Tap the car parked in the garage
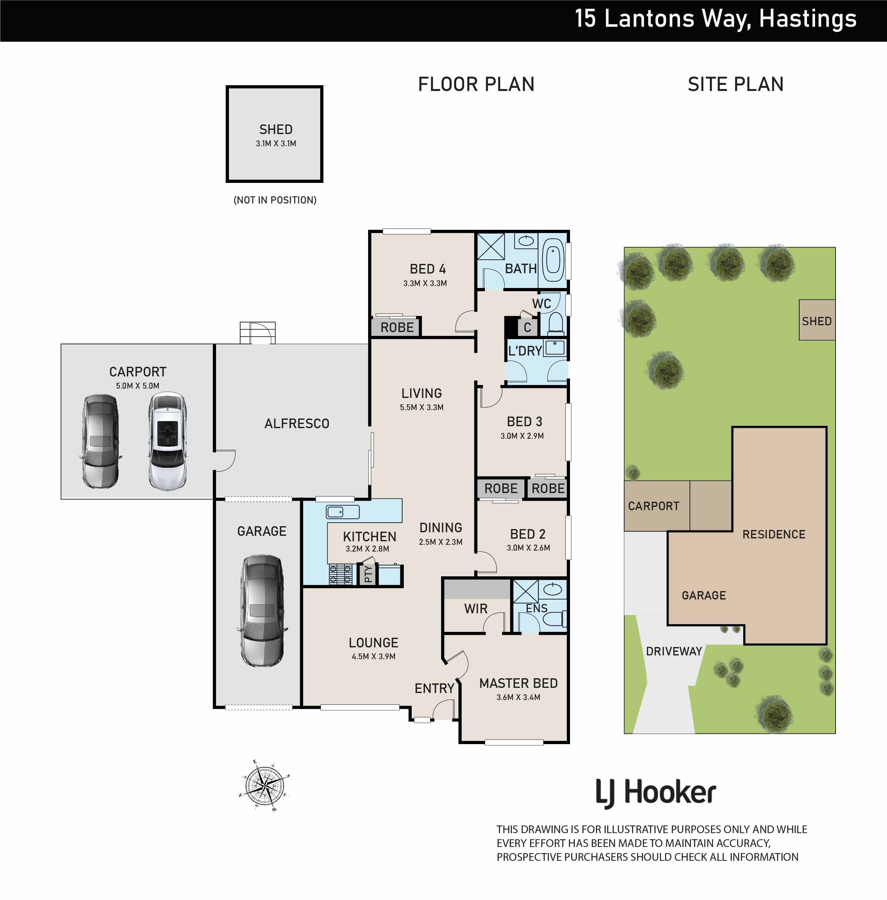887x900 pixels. (x=262, y=611)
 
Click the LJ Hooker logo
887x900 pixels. (x=656, y=793)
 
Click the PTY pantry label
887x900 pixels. (x=368, y=574)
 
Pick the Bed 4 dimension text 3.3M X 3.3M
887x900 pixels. (x=425, y=283)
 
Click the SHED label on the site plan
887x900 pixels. (x=817, y=321)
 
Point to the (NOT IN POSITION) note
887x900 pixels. (x=275, y=200)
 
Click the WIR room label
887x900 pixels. (x=475, y=609)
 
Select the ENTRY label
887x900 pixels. (x=434, y=688)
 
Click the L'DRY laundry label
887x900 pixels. (x=525, y=351)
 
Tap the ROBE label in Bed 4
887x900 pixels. (x=397, y=328)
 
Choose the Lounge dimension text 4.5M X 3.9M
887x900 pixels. (x=374, y=657)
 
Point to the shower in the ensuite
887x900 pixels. (x=526, y=592)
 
